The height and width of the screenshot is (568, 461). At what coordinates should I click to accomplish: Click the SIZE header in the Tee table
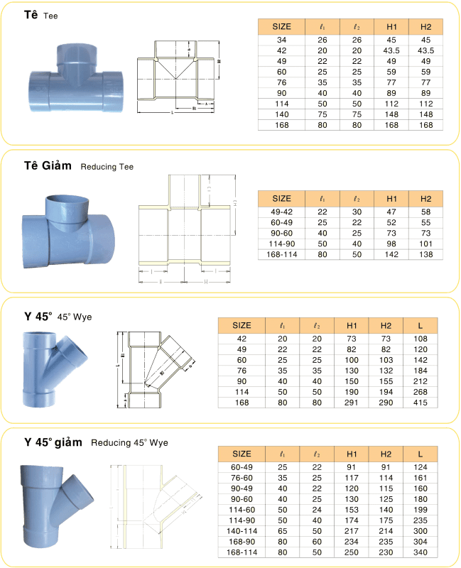coord(282,26)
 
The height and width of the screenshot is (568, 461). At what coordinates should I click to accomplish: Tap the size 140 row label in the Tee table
coord(282,114)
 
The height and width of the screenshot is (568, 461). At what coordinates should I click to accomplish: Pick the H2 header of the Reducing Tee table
coord(425,199)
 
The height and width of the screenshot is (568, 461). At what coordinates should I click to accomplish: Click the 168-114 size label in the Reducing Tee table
coord(282,253)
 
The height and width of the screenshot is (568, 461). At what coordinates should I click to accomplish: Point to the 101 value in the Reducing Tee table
coord(425,243)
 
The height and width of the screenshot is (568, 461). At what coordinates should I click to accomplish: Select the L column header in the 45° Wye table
coord(421,326)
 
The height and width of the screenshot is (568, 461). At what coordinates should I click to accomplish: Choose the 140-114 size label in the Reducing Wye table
coord(242,530)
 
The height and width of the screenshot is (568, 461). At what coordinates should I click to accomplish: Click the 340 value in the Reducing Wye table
coord(421,552)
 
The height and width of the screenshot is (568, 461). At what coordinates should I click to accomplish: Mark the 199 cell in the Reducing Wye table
coord(421,509)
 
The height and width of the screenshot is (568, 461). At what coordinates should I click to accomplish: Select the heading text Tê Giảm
coord(48,165)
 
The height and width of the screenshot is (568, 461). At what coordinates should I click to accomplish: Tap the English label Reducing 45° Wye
coord(129,442)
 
